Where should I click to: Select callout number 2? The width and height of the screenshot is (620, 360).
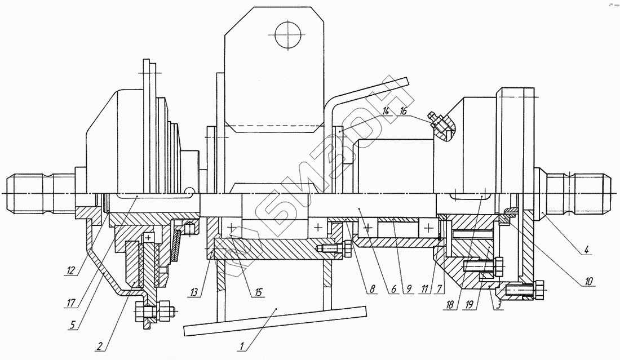click(100, 346)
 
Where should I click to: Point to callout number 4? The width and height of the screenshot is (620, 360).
click(586, 250)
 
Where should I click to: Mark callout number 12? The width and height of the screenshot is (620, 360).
click(70, 270)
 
